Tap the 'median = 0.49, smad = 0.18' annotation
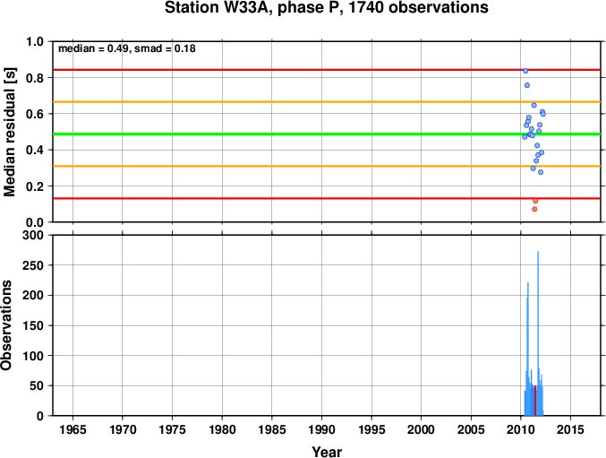pos(127,48)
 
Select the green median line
pos(327,134)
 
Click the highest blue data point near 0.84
pos(525,71)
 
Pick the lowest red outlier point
pos(534,209)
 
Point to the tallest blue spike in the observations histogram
pos(538,333)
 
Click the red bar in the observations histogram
pos(535,401)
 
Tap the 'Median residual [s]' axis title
pos(9,132)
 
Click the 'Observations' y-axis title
pos(6,325)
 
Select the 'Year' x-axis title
pos(327,452)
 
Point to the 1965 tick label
pos(73,429)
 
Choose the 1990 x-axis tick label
pos(321,429)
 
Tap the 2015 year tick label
pos(570,429)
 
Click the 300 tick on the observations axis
pos(33,235)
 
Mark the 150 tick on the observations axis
pos(33,325)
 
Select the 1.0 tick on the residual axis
pos(35,41)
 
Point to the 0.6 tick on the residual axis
pos(35,114)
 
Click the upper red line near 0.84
pos(327,70)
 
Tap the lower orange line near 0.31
pos(327,167)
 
